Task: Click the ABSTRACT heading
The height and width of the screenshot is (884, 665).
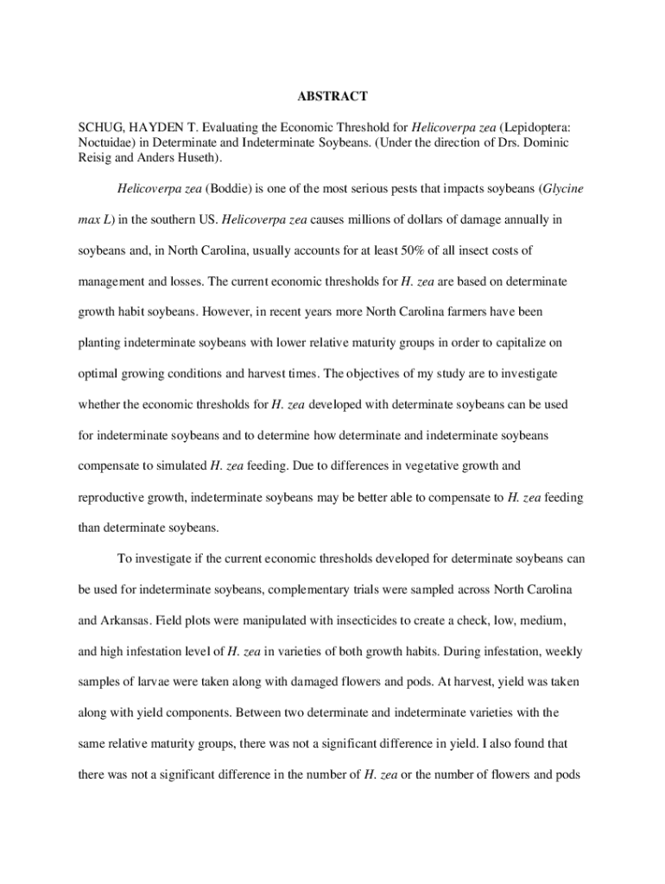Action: [332, 96]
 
